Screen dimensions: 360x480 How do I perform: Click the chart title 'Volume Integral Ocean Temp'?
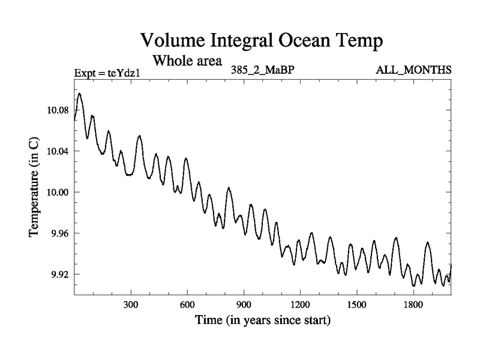(x=262, y=40)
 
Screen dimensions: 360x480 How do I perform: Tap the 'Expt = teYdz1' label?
(x=107, y=73)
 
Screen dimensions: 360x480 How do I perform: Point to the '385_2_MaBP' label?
(x=262, y=70)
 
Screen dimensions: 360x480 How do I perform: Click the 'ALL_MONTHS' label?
(x=413, y=70)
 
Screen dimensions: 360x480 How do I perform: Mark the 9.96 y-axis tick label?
(x=58, y=233)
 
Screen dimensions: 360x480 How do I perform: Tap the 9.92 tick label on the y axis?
(x=58, y=274)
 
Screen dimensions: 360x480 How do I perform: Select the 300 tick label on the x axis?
(x=131, y=305)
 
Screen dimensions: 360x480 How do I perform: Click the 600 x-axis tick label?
(x=187, y=305)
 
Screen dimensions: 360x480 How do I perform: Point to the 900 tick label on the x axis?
(x=244, y=305)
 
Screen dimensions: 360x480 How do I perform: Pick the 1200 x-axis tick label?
(x=300, y=305)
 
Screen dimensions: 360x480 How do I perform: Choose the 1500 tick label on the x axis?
(x=356, y=305)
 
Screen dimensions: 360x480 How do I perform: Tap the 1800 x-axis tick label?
(x=413, y=305)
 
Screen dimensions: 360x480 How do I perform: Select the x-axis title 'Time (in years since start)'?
(x=262, y=321)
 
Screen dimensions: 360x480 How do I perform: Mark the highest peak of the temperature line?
(x=79, y=93)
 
